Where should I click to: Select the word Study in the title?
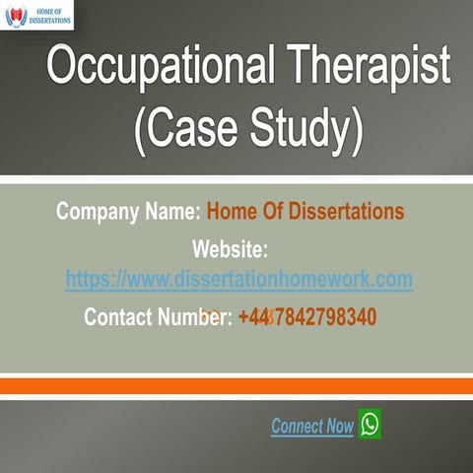point(305,128)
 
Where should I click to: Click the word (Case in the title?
point(185,128)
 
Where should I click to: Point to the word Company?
point(101,212)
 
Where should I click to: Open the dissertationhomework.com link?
point(239,280)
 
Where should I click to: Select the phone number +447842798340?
point(306,317)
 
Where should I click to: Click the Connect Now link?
point(312,427)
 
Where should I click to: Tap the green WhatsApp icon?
point(370,424)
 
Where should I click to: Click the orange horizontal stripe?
point(236,386)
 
